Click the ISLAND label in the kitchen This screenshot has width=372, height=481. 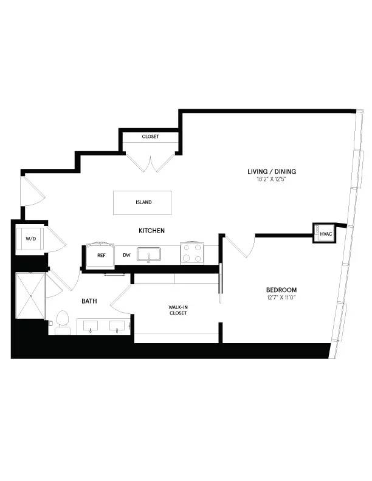click(x=144, y=202)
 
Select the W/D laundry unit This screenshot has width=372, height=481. click(x=30, y=239)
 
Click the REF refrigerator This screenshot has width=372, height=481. click(x=102, y=255)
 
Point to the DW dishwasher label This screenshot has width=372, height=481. click(x=126, y=255)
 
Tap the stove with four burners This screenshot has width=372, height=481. click(x=192, y=253)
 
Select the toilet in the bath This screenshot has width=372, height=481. click(x=63, y=322)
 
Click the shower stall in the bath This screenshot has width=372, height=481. click(x=30, y=296)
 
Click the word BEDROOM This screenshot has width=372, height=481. click(x=281, y=290)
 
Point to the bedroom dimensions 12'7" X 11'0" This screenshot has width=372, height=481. click(x=281, y=298)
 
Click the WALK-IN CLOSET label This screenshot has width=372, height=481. click(x=177, y=310)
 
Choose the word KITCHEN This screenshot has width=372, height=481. click(x=152, y=231)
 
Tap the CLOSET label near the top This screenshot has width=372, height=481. click(x=150, y=137)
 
